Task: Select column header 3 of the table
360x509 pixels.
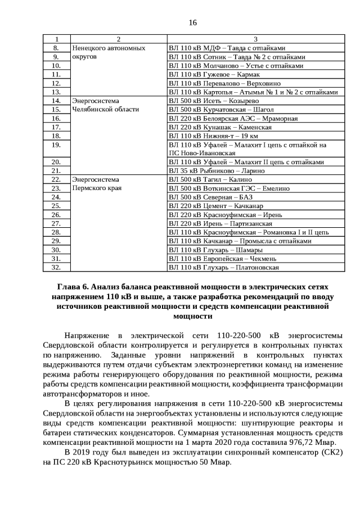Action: click(x=255, y=39)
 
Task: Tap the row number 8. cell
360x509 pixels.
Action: click(x=56, y=48)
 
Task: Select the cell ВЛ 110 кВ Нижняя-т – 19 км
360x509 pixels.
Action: click(x=213, y=136)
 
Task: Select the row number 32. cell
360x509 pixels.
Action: click(x=56, y=267)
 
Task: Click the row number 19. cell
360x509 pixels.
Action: click(x=56, y=145)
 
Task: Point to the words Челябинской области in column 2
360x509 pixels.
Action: click(x=105, y=109)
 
